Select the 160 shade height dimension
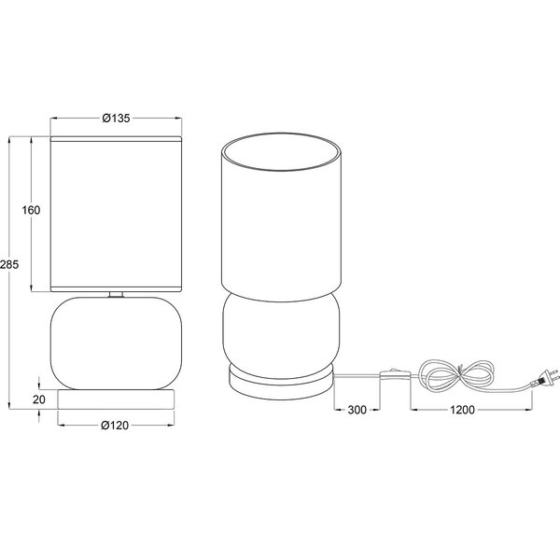point(31,210)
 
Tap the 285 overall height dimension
point(8,264)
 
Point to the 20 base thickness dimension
point(38,399)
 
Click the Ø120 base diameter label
point(115,427)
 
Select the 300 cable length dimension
point(355,410)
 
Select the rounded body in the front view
point(116,342)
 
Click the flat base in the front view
point(116,399)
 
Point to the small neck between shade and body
point(116,295)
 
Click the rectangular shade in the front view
point(116,213)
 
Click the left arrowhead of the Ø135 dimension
point(54,119)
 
